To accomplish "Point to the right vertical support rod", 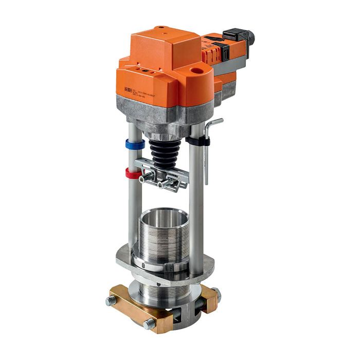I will click(196, 206).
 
